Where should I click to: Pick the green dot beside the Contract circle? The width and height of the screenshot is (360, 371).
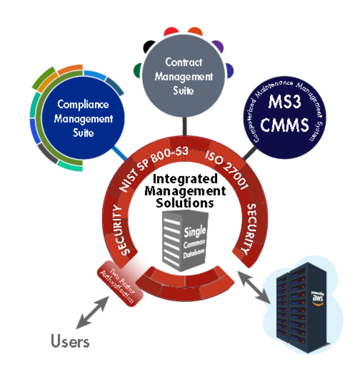pyautogui.click(x=139, y=70)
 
